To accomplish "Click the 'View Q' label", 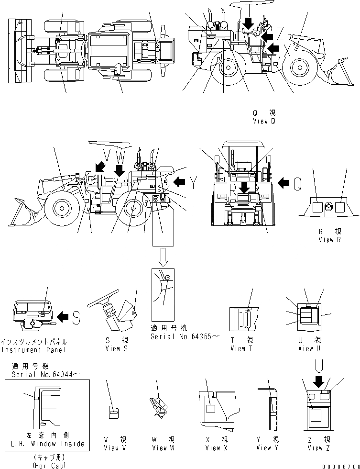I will point(264,122).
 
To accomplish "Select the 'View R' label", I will point(330,240).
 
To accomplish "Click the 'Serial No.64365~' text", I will point(184,336).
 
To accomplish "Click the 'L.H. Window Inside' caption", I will point(47,444).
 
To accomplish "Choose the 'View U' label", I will point(306,348).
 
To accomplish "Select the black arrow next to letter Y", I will point(179,182).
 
